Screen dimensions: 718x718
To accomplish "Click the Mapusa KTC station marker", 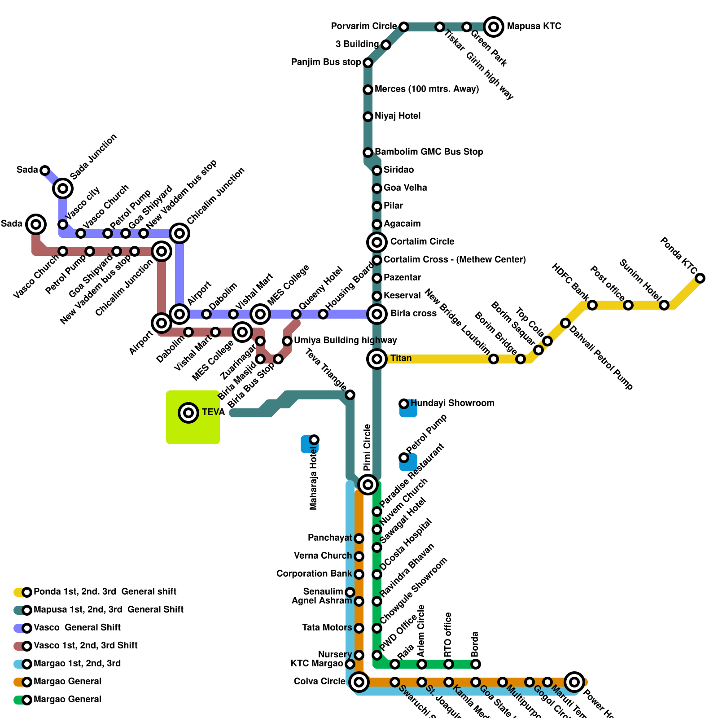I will tap(494, 27).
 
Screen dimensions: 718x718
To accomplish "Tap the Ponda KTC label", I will tap(678, 256).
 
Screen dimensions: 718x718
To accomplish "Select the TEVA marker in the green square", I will tap(188, 412).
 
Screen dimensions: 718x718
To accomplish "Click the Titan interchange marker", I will tap(377, 359).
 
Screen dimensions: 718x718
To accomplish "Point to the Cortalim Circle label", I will tap(422, 242).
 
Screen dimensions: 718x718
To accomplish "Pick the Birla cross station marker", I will tap(377, 314).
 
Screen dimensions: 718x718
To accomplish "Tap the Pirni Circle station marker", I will tap(368, 485).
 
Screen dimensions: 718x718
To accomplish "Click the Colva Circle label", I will tap(319, 682).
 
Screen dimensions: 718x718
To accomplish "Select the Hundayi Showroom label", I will tap(452, 403).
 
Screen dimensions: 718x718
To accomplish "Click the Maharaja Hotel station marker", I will tap(314, 440).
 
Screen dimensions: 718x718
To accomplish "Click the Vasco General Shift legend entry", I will tap(77, 628).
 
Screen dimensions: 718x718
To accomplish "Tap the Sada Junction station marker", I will tap(63, 188).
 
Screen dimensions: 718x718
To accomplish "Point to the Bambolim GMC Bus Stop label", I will tap(429, 152).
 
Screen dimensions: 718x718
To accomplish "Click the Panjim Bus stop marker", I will tap(368, 63).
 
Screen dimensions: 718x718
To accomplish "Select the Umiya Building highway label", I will tap(345, 341).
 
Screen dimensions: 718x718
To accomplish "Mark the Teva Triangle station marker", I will tap(350, 395).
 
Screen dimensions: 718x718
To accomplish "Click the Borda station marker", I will tap(476, 664).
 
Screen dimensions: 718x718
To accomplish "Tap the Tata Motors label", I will tap(327, 628).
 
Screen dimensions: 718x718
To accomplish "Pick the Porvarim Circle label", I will tap(363, 26).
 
